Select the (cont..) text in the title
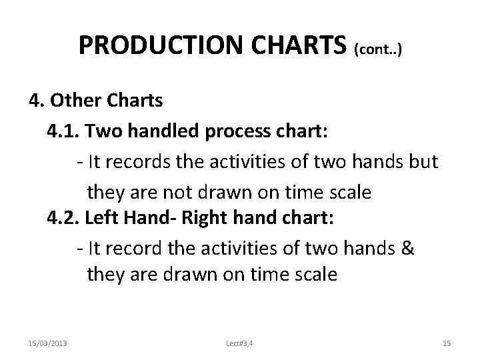click(379, 48)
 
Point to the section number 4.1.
click(63, 131)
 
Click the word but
click(423, 161)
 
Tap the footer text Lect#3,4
click(240, 343)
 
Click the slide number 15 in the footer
click(447, 343)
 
